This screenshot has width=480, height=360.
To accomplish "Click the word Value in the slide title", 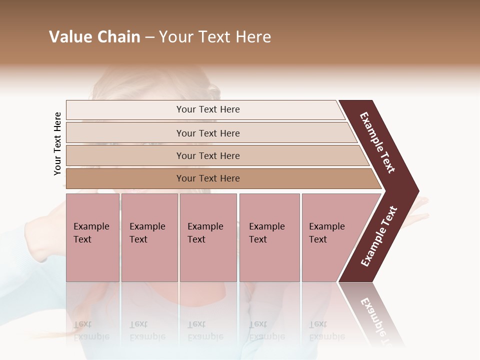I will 69,37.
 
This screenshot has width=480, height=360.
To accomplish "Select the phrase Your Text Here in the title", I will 215,37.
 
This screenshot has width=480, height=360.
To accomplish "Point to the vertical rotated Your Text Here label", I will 57,143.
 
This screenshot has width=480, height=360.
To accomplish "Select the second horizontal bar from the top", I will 207,133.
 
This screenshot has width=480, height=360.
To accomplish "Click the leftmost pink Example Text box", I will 92,237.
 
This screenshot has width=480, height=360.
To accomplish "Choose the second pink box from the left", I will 149,237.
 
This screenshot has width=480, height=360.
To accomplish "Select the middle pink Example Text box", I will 208,237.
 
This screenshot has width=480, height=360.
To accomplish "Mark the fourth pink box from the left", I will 269,237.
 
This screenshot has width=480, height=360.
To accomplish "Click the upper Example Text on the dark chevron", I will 377,142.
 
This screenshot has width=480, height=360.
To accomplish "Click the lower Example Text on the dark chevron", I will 378,236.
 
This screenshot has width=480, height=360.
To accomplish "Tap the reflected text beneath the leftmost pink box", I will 91,331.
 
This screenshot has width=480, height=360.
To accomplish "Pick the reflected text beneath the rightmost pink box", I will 326,331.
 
